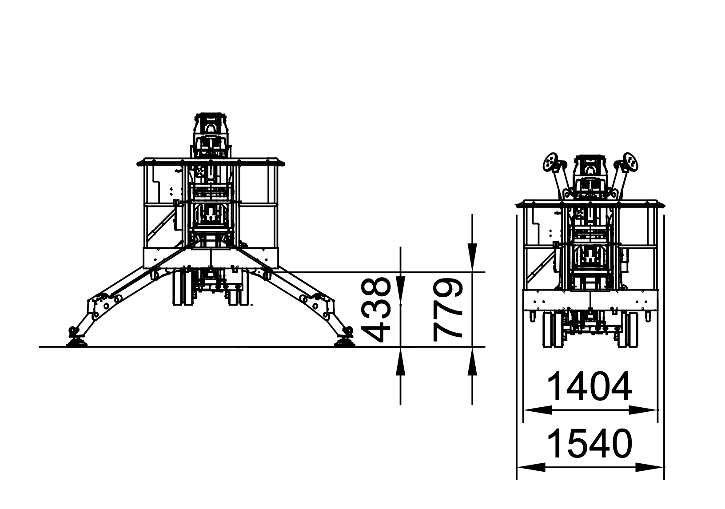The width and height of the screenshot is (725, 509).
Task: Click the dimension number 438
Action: click(x=376, y=310)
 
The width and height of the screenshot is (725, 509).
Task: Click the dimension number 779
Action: click(x=448, y=311)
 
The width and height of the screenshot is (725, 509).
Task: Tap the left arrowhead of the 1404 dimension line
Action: click(x=537, y=410)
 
